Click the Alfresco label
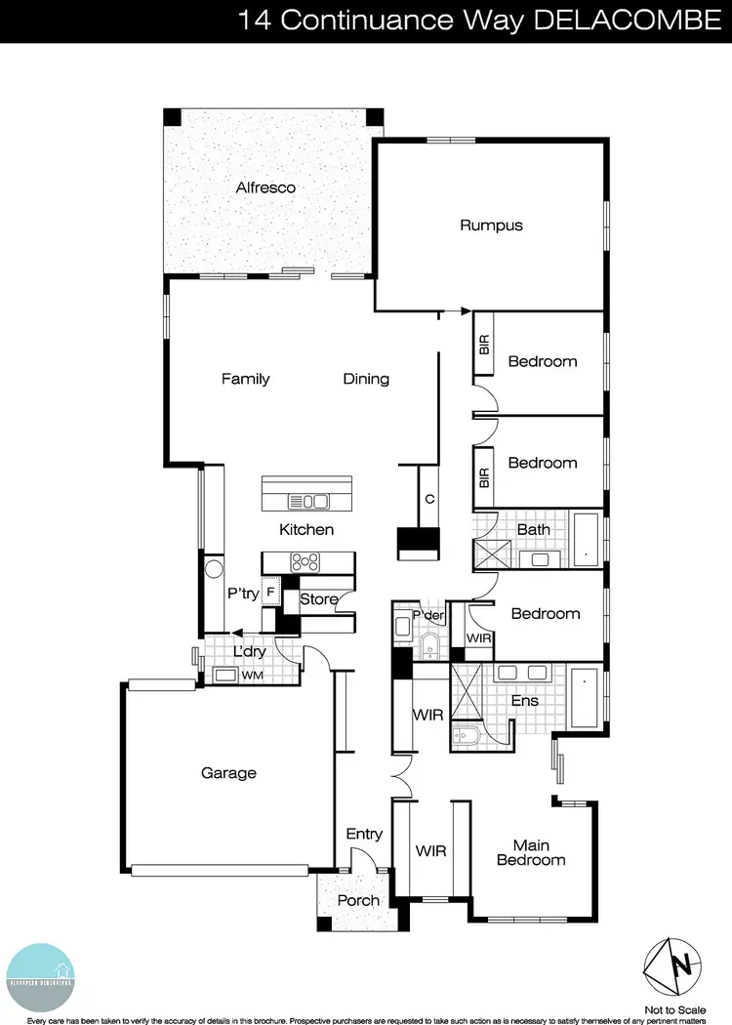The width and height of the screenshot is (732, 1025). pos(265,187)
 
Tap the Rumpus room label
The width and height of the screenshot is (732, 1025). pos(492,225)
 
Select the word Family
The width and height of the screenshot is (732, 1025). pos(245,379)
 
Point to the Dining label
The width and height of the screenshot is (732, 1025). pos(366,379)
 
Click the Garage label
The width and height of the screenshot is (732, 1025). pos(228,773)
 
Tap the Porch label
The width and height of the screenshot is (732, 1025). pos(358,900)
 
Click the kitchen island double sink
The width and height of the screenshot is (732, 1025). pos(307,501)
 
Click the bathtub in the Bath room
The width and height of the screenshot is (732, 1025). pos(587,540)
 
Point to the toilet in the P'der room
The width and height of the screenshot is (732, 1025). pos(428,644)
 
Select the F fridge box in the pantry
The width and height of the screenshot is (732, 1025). pos(270,592)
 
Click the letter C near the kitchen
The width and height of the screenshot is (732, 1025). pos(428,499)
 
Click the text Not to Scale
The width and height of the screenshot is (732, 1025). pos(675,1009)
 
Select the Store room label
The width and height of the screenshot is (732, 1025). pos(319,599)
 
